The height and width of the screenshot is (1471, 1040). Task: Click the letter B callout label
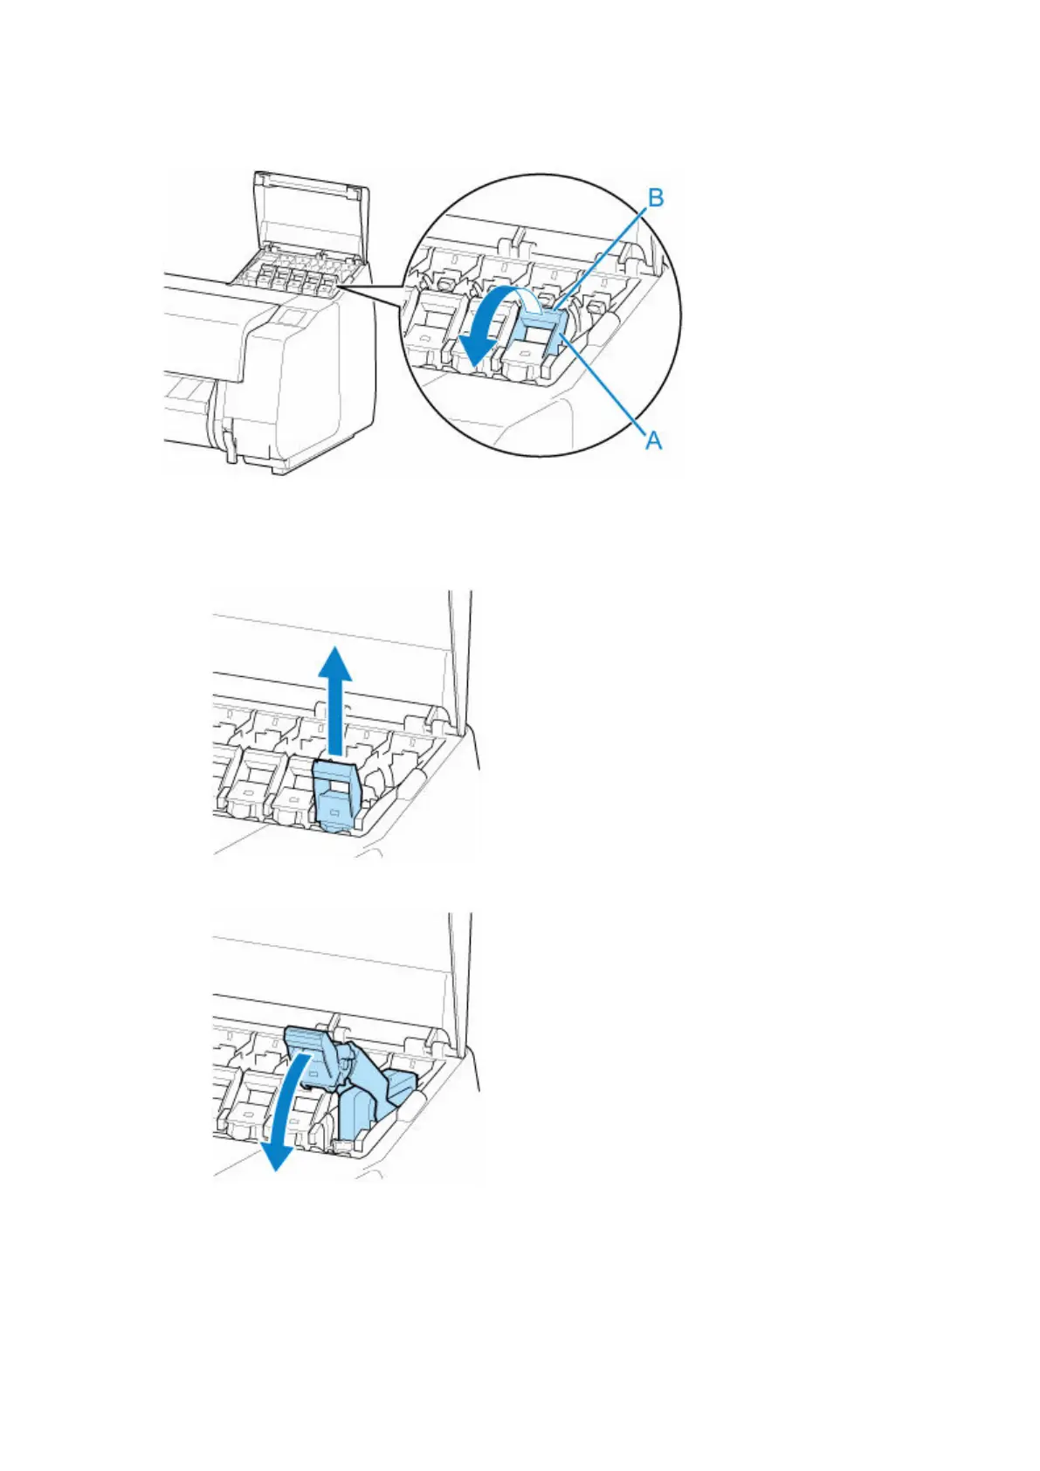[654, 198]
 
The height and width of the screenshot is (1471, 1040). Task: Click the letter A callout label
[653, 441]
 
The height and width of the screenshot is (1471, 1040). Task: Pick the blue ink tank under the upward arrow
[336, 796]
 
